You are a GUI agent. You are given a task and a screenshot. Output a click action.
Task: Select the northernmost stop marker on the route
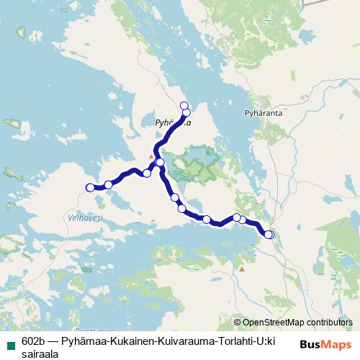pyautogui.click(x=184, y=106)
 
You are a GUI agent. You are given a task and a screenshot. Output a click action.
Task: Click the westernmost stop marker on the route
pyautogui.click(x=90, y=187)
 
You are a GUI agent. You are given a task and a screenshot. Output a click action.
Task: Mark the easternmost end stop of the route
pyautogui.click(x=269, y=234)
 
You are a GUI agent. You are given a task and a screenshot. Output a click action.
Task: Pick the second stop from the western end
pyautogui.click(x=109, y=184)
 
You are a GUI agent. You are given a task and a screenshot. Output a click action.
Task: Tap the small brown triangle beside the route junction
pyautogui.click(x=151, y=156)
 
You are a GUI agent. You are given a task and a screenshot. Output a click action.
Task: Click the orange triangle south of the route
pyautogui.click(x=242, y=269)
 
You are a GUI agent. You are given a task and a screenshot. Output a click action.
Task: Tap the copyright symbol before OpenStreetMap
pyautogui.click(x=238, y=322)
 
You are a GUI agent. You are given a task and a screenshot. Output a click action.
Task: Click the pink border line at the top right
pyautogui.click(x=324, y=2)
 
